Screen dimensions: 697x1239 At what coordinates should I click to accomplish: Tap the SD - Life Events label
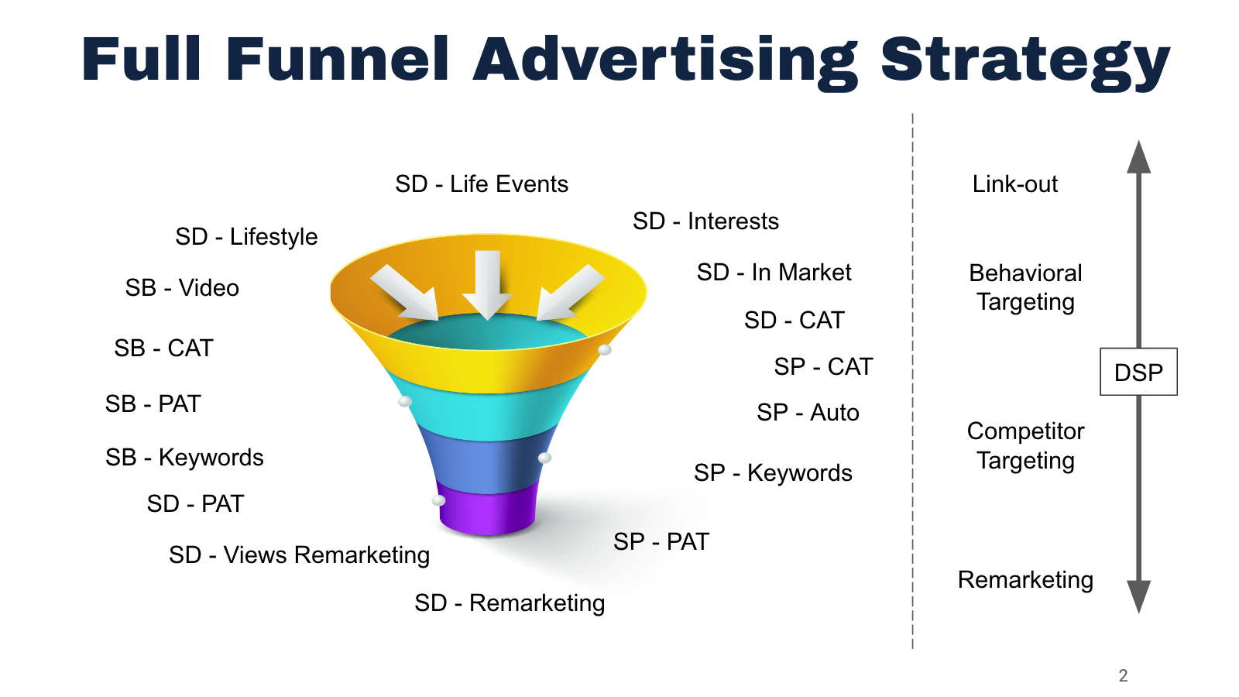click(481, 184)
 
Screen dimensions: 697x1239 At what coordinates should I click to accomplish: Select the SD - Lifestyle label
click(246, 236)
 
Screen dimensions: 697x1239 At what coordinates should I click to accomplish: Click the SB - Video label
click(182, 288)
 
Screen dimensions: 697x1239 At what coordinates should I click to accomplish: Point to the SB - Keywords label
click(184, 458)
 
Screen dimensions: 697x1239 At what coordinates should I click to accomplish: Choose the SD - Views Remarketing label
click(299, 555)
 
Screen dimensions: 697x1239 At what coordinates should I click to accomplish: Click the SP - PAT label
click(661, 541)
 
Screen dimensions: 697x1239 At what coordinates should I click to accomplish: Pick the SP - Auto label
click(808, 413)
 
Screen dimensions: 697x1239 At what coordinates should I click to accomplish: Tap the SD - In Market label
click(774, 273)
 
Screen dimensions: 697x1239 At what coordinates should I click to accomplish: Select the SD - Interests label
click(705, 221)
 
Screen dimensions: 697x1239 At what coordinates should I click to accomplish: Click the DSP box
click(1138, 373)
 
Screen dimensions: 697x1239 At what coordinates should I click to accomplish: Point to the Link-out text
click(1014, 184)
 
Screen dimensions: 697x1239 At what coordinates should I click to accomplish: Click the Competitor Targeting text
click(1025, 445)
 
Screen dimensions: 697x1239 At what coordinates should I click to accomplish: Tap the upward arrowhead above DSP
click(1138, 158)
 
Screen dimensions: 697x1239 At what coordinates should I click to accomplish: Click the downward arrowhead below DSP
click(1138, 596)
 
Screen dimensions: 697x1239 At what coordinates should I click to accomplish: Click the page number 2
click(1123, 675)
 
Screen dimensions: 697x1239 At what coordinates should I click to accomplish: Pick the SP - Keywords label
click(773, 473)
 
